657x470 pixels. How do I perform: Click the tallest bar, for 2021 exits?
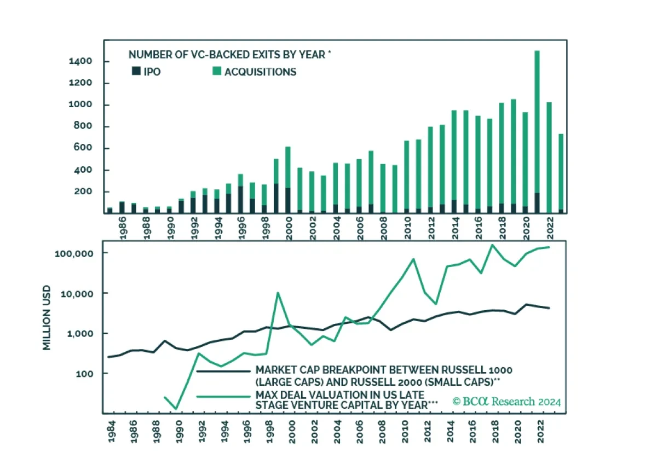coord(537,131)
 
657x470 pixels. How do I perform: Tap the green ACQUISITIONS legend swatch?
coord(216,71)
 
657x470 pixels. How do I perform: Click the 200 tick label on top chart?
coord(82,192)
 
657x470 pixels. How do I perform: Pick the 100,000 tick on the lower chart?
coord(74,253)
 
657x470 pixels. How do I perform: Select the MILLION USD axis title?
coord(48,318)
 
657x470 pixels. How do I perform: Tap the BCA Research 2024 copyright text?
coord(506,402)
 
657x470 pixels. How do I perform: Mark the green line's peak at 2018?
coord(492,245)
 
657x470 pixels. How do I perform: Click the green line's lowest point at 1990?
coord(176,409)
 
